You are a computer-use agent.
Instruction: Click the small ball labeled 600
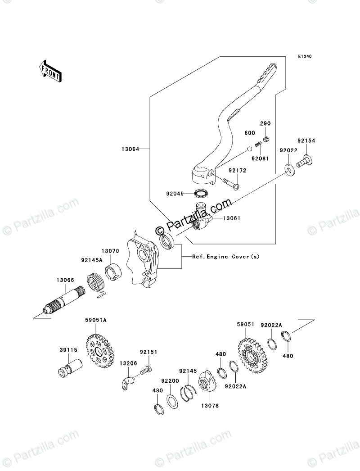pyautogui.click(x=248, y=149)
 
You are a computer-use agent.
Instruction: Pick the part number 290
pyautogui.click(x=265, y=123)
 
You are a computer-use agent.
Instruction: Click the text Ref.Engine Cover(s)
pyautogui.click(x=226, y=257)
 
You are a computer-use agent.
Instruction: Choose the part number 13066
pyautogui.click(x=65, y=280)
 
